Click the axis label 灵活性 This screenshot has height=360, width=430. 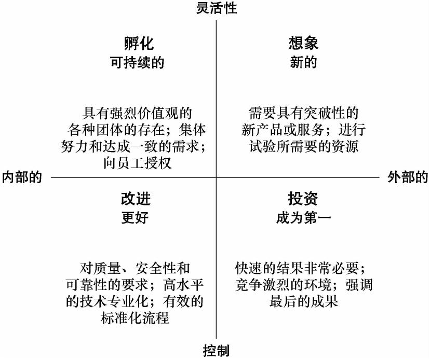tap(217, 8)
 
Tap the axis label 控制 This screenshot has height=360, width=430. tap(216, 351)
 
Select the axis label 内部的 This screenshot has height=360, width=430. tap(22, 177)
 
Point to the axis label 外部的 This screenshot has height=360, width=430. tap(408, 177)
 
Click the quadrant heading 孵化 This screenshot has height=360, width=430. tap(139, 43)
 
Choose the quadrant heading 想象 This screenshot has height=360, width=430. tap(303, 43)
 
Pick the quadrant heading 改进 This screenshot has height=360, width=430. tap(136, 199)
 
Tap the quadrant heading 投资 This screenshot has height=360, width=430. tap(303, 199)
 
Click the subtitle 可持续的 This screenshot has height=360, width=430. tap(137, 62)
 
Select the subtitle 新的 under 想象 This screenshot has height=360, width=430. tap(303, 62)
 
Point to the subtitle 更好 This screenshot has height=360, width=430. tap(135, 218)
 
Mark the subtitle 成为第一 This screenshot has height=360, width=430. tap(303, 218)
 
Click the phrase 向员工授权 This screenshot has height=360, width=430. tap(138, 163)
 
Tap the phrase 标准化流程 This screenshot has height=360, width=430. tap(135, 319)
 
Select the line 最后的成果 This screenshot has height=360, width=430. tap(303, 301)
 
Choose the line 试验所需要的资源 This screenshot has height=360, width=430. tap(304, 146)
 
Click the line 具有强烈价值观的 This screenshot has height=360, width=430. tap(137, 113)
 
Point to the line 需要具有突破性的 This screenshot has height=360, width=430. tap(304, 113)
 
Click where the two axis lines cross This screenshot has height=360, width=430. tap(216, 177)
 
